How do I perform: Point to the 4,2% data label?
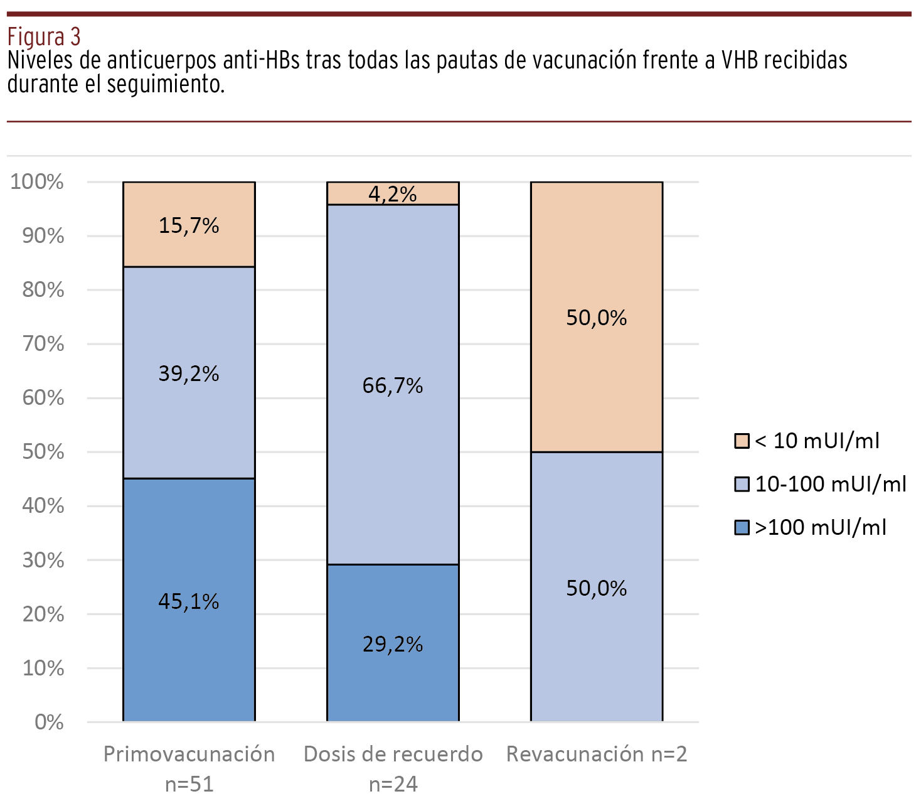(393, 194)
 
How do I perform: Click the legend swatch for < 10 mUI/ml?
(742, 441)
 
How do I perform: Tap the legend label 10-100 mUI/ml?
(831, 484)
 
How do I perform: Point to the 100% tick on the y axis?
(37, 182)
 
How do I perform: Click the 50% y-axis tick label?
(43, 452)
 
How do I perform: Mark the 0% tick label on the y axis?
(49, 722)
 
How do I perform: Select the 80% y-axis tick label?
(43, 290)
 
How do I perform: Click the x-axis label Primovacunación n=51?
(189, 768)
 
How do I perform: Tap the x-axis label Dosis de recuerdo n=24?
(393, 768)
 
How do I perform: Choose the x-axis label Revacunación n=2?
(597, 754)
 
